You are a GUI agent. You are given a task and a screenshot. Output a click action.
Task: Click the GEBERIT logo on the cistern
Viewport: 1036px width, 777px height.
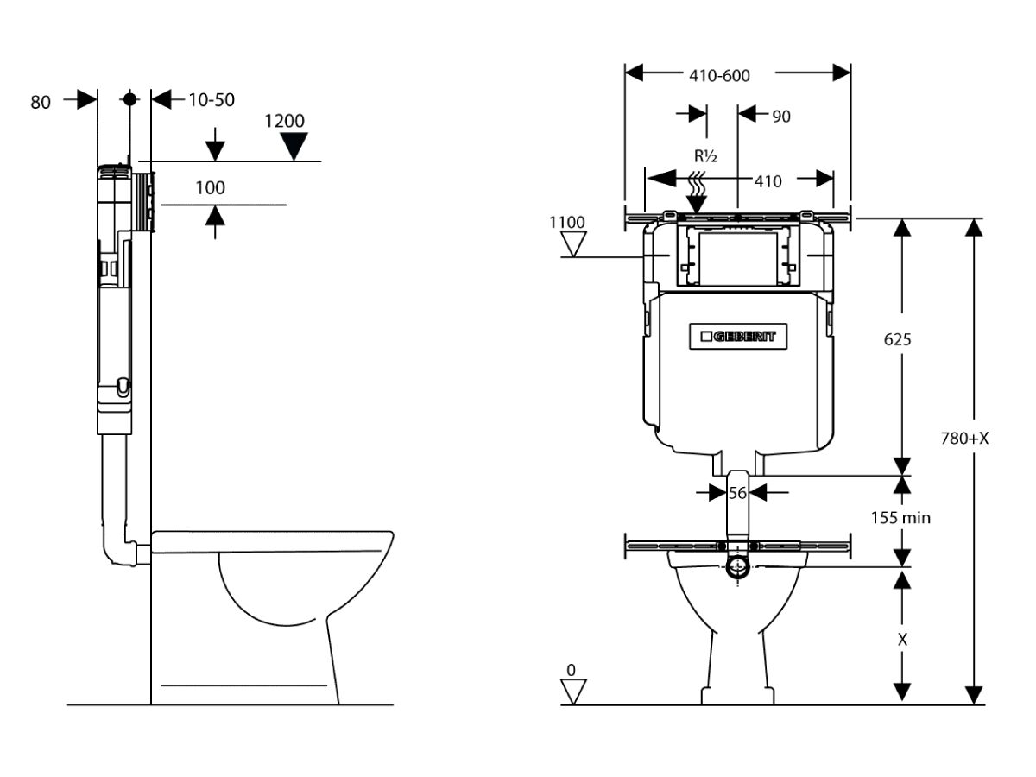pos(738,337)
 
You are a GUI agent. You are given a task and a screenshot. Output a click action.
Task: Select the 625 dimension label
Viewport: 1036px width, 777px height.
pos(897,339)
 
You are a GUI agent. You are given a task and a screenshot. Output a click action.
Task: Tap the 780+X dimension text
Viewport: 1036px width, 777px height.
pos(964,439)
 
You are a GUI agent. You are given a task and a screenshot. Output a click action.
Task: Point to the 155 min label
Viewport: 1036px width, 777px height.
pos(900,518)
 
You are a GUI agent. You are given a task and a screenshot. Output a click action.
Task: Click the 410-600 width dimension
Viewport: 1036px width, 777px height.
pos(719,75)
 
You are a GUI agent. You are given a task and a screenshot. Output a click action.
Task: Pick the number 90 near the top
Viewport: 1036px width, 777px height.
pos(780,117)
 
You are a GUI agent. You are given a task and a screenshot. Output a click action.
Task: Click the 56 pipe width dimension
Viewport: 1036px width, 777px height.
pos(737,492)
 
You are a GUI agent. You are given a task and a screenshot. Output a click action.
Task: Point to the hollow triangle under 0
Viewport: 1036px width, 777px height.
pos(572,691)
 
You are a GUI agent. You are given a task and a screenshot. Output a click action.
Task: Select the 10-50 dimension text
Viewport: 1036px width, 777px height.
pos(212,100)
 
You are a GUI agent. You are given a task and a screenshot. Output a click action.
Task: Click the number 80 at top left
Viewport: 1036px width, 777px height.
pos(41,103)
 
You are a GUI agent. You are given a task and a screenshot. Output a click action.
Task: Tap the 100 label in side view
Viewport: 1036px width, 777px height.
pos(210,187)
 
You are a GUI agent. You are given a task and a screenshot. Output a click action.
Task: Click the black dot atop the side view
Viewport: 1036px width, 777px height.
pos(130,98)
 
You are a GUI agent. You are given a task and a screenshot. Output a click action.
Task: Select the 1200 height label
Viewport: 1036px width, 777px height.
pos(284,121)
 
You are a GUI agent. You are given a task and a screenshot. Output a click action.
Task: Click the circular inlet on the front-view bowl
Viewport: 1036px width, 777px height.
pos(737,567)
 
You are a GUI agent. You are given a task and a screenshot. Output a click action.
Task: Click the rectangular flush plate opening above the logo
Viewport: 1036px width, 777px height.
pos(737,256)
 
